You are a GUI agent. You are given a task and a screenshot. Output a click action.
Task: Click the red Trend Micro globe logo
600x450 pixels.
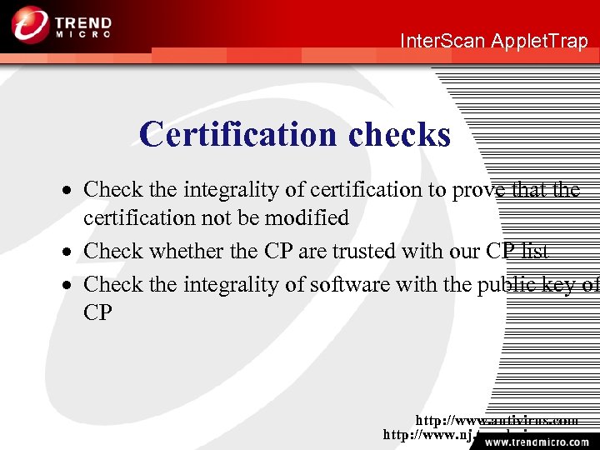(30, 24)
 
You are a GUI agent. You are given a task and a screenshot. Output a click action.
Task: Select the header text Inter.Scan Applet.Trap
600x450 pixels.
(494, 41)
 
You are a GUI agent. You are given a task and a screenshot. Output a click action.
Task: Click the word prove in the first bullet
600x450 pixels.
(479, 190)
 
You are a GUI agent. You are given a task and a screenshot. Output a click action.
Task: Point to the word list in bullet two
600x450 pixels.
(532, 251)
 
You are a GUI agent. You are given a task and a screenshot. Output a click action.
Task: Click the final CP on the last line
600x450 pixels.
(97, 312)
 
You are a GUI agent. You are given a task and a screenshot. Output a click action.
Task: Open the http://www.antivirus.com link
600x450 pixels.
(497, 421)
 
